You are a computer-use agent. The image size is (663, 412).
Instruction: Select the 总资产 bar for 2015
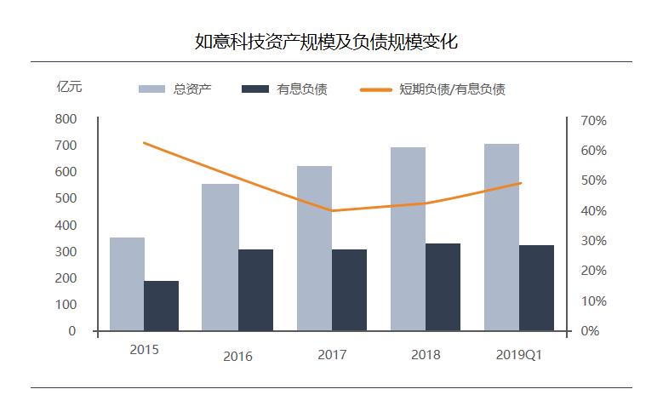click(127, 283)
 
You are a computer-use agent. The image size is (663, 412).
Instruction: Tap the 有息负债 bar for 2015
click(161, 306)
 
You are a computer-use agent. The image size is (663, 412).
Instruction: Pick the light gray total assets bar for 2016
click(220, 257)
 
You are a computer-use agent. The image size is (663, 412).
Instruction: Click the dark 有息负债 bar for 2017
click(349, 289)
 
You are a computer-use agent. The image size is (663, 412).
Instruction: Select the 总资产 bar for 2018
click(408, 238)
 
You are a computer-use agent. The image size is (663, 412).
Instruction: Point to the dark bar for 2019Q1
click(536, 288)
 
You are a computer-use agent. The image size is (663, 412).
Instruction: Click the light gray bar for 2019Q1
click(501, 237)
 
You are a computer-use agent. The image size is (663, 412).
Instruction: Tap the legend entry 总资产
click(174, 89)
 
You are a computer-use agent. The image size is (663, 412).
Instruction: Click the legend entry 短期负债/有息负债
click(433, 89)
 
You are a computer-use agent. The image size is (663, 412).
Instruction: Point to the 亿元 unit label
click(69, 87)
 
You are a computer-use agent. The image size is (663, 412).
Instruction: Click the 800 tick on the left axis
click(66, 120)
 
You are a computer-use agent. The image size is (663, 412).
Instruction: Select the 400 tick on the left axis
click(66, 226)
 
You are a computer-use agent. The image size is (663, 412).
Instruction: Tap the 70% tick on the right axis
click(593, 121)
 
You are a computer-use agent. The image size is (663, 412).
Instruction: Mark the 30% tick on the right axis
click(593, 241)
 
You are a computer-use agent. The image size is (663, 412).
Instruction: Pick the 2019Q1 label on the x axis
click(518, 355)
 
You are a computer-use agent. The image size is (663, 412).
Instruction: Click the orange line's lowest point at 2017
click(331, 210)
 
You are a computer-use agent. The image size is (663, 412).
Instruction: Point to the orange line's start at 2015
click(144, 143)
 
